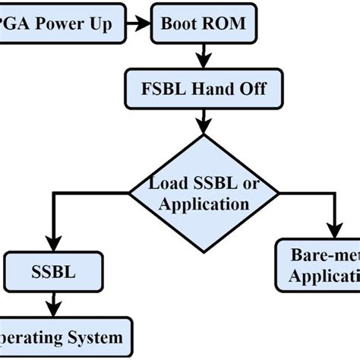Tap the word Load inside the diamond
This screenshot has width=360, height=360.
click(165, 183)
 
